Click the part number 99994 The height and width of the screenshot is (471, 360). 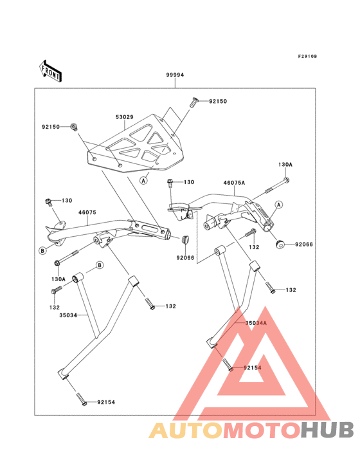pyautogui.click(x=175, y=75)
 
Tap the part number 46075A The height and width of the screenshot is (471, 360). pyautogui.click(x=234, y=183)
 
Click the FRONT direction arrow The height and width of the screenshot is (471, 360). pyautogui.click(x=51, y=70)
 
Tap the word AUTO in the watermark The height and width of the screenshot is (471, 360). pyautogui.click(x=186, y=430)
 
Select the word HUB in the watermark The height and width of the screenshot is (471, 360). pyautogui.click(x=328, y=430)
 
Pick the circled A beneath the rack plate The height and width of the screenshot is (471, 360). pyautogui.click(x=144, y=181)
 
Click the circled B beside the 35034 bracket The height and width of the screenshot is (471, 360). pyautogui.click(x=100, y=265)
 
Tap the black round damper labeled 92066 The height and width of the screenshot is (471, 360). pyautogui.click(x=281, y=244)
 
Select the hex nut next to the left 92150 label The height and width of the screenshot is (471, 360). pyautogui.click(x=74, y=126)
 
